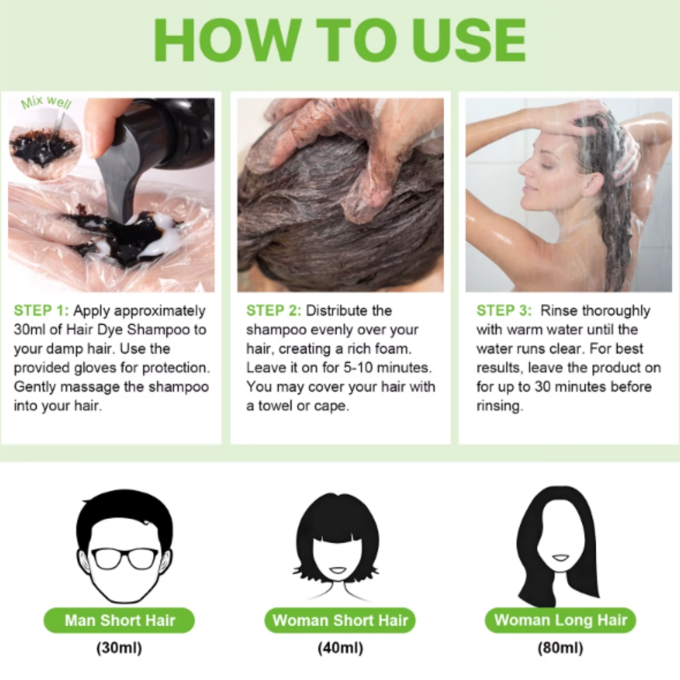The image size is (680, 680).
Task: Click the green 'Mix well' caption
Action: pos(46,103)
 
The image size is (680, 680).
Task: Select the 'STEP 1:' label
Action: pos(41,311)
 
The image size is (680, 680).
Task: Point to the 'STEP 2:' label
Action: pos(274,311)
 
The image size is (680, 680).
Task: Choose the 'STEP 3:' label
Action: pos(504,311)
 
